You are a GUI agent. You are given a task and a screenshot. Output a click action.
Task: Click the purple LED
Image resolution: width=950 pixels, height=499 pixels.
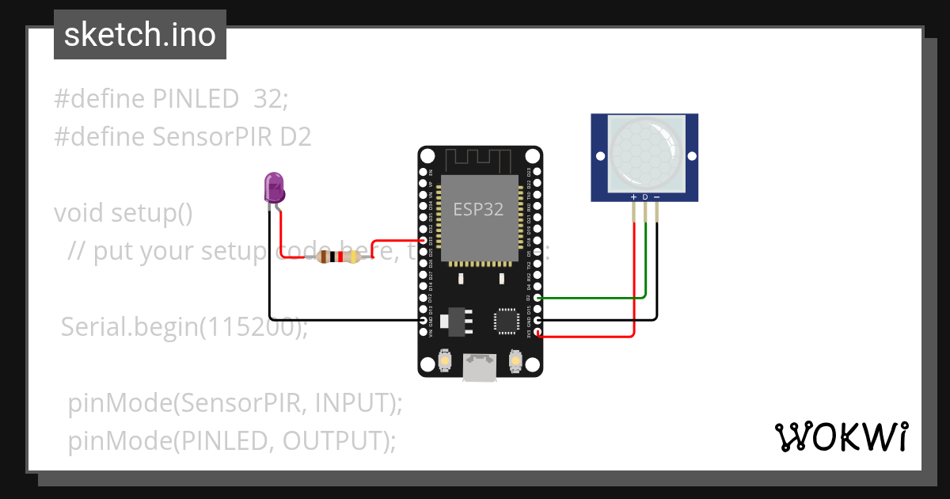point(274,189)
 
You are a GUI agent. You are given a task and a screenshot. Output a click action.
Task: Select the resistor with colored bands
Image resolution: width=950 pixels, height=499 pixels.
point(340,256)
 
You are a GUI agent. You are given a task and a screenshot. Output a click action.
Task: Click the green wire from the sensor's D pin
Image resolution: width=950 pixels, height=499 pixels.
point(645,261)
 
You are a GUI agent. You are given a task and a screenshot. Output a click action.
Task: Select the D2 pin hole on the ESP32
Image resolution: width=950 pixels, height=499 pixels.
point(538,298)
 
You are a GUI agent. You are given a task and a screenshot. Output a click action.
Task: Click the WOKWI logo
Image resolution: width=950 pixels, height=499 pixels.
point(841,437)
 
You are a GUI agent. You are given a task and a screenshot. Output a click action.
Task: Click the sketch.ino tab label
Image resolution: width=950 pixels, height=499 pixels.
point(140,35)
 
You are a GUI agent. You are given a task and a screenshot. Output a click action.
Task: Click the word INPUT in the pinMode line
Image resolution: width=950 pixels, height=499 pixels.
point(352,403)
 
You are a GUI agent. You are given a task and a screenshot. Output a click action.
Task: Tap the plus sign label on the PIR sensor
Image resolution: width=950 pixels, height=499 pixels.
point(633,196)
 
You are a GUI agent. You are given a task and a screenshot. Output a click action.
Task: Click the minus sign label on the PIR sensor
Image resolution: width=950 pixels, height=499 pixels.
point(657,196)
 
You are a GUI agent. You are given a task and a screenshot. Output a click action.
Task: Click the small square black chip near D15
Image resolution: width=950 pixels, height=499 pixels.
point(504,319)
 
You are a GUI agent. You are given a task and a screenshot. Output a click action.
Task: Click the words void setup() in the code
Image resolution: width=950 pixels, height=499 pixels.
point(123,213)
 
